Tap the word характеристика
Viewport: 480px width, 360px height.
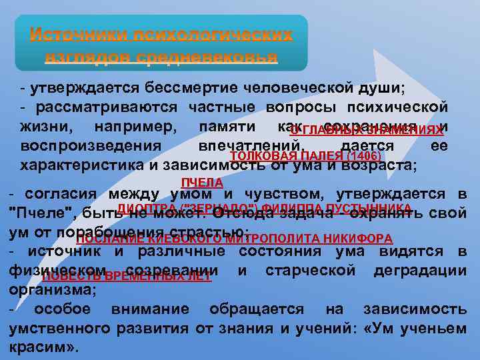tap(86, 165)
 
